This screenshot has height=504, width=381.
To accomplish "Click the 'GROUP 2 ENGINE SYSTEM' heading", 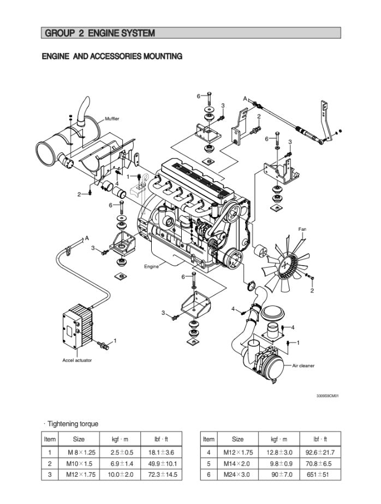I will (100, 33).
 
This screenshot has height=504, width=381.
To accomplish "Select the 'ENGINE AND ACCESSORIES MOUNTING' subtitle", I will (112, 56).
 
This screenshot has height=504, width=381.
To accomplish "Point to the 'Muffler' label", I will (112, 118).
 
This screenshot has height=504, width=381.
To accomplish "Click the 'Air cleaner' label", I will (303, 365).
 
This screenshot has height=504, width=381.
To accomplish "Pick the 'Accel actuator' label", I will (77, 361).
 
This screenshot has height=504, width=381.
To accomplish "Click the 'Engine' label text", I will (151, 267).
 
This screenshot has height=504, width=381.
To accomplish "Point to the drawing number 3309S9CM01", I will (327, 396).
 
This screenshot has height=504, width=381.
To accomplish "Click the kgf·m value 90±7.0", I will (282, 475).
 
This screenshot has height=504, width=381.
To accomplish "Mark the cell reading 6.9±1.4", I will (122, 464).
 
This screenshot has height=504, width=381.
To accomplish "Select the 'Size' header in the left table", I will (79, 439).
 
